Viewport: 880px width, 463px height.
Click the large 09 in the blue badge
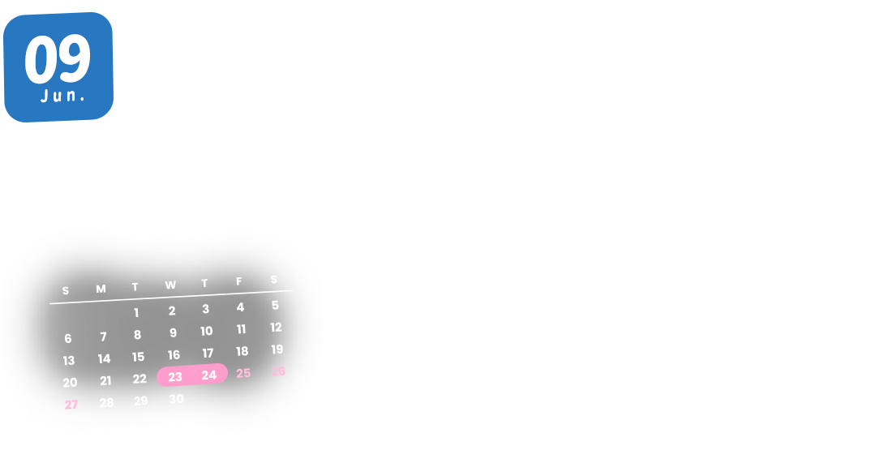(57, 60)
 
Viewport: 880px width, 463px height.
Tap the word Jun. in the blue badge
(63, 96)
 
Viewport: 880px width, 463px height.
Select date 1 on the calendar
(136, 313)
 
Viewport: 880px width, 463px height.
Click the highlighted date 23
(175, 377)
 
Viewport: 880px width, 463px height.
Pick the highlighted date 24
(209, 375)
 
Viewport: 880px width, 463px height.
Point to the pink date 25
(243, 374)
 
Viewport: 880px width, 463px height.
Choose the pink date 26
(278, 371)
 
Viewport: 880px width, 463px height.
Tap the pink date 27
(71, 405)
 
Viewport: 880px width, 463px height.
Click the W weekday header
(170, 285)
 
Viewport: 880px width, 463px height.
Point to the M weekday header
(101, 289)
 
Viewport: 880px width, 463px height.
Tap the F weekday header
(239, 282)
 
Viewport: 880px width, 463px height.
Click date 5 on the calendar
(275, 306)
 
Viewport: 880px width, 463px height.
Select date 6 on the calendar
(68, 339)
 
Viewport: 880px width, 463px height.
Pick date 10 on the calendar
(207, 331)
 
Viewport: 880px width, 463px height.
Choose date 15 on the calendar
(139, 357)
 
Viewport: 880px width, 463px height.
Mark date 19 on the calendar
(277, 349)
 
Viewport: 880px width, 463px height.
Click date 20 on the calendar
(70, 383)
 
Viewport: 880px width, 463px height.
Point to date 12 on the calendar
(277, 328)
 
